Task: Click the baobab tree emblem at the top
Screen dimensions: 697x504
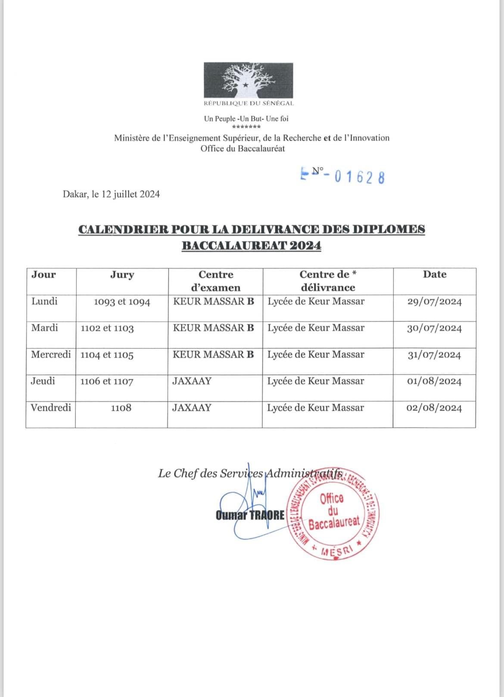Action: (x=249, y=80)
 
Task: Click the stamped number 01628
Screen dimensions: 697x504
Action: (x=359, y=177)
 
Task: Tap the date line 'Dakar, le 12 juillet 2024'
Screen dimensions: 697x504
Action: (x=111, y=194)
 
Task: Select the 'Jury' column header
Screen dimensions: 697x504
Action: (x=122, y=274)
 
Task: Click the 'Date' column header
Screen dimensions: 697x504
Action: (x=434, y=274)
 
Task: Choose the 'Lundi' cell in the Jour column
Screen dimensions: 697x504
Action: (x=44, y=301)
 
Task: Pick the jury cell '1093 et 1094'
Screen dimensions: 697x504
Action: (x=122, y=302)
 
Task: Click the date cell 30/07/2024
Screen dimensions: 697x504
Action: (x=434, y=328)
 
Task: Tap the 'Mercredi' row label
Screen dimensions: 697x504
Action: (x=51, y=355)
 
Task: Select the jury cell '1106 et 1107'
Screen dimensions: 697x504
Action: (x=107, y=381)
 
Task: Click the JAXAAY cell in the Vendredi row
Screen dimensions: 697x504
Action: (x=192, y=407)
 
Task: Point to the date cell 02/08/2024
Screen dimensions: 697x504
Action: (x=434, y=408)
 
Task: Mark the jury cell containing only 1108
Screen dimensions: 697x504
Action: (x=121, y=408)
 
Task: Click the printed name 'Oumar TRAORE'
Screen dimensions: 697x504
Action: (x=250, y=515)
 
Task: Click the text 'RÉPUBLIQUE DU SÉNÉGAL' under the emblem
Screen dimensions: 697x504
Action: (x=249, y=104)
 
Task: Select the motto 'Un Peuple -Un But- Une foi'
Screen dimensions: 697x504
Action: (x=246, y=118)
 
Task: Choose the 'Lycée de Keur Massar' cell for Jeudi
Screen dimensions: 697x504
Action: (x=316, y=381)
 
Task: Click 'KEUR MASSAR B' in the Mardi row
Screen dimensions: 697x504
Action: (x=213, y=328)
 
